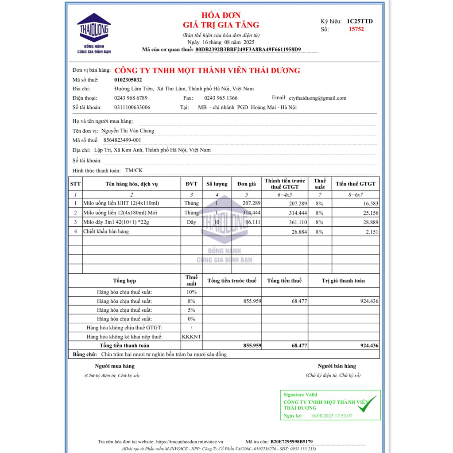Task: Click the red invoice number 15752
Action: click(x=356, y=29)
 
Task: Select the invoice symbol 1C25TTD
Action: click(x=360, y=21)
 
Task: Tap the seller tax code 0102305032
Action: click(x=128, y=80)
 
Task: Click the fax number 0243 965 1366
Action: click(x=221, y=98)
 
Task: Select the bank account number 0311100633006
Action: click(x=132, y=107)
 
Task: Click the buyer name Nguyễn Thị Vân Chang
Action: click(x=128, y=131)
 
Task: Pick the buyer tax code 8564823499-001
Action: click(x=122, y=140)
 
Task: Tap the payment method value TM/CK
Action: click(x=134, y=170)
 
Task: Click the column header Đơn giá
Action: click(x=247, y=184)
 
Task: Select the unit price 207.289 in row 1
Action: click(x=252, y=203)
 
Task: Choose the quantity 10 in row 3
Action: click(x=216, y=222)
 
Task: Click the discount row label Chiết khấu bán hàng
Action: click(x=106, y=231)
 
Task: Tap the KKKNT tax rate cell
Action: click(x=191, y=337)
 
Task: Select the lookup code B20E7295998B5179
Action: click(x=291, y=441)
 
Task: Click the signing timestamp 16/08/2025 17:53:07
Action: click(x=332, y=416)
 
